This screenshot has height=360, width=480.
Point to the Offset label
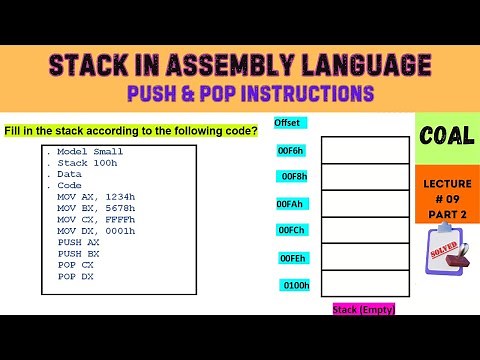coord(287,123)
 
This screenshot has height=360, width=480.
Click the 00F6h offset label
coord(293,150)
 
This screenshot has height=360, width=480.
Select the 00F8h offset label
coord(293,177)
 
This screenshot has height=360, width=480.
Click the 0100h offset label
coord(295,285)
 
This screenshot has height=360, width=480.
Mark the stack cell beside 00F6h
coord(364,150)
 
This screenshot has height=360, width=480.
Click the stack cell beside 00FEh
coord(364,257)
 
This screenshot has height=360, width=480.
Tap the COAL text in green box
coord(447,137)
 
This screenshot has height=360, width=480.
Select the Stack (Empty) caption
coord(364,309)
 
